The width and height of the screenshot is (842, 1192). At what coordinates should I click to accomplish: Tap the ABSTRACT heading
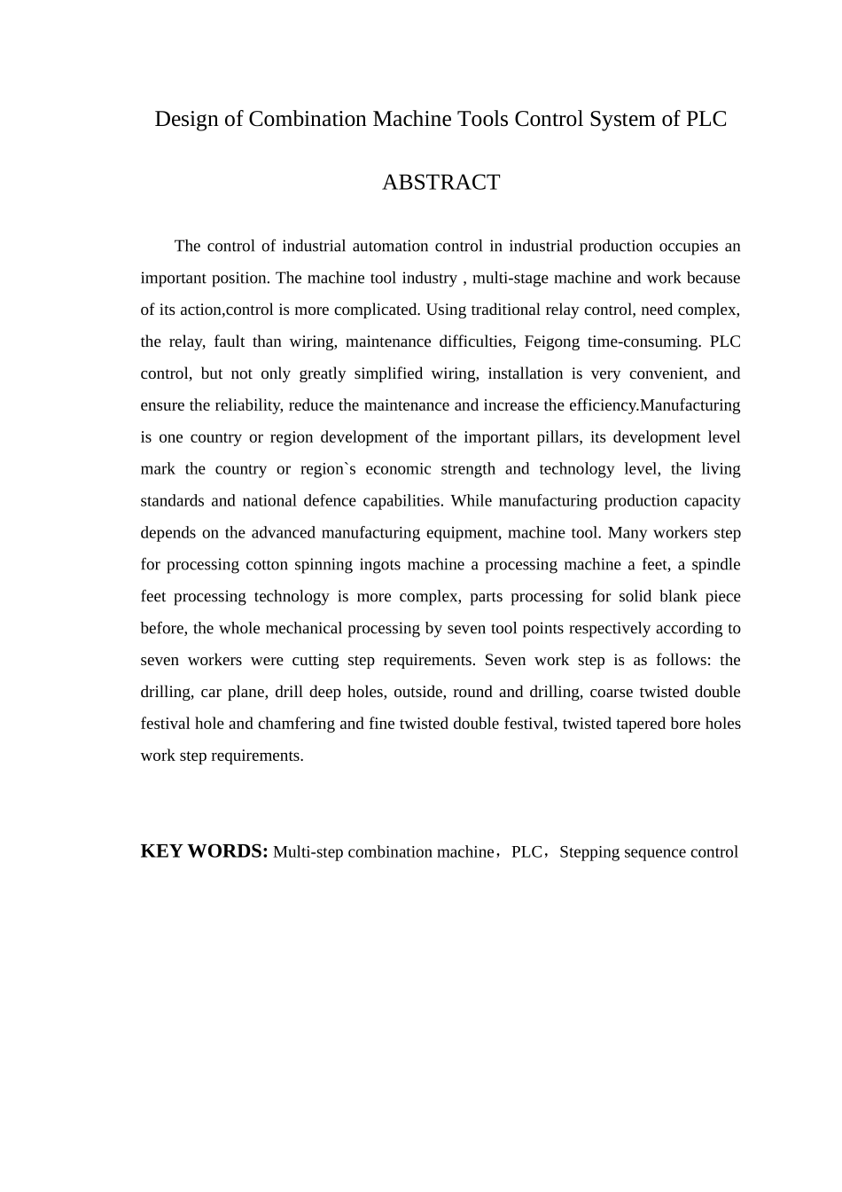tap(440, 183)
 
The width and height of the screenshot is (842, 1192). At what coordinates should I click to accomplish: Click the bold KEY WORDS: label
tap(204, 851)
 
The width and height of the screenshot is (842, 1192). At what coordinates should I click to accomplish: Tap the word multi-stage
tap(511, 278)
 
